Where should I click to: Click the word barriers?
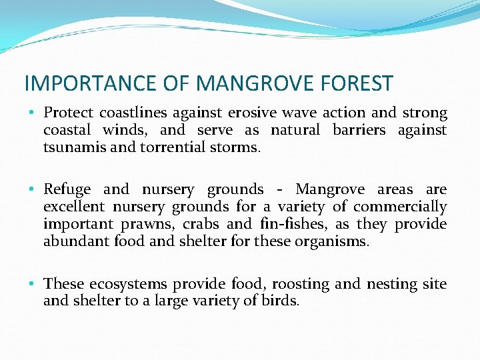tap(359, 130)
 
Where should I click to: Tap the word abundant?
tap(74, 241)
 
